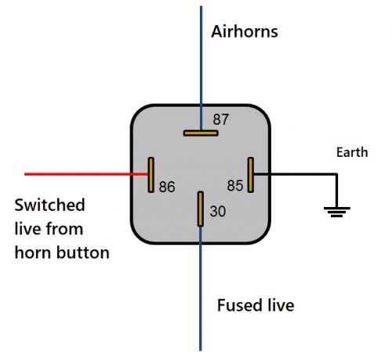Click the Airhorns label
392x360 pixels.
[x=245, y=31]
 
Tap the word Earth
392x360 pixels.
[x=352, y=152]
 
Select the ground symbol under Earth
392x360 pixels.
[x=337, y=212]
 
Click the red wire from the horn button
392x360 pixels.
[x=86, y=174]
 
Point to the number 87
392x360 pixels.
[x=221, y=119]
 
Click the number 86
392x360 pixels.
[x=167, y=187]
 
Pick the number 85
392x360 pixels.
[x=235, y=186]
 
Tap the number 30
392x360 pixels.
[x=217, y=211]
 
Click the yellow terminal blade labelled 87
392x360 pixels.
[x=201, y=133]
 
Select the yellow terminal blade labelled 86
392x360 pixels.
[x=151, y=175]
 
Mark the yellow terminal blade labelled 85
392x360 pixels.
[x=251, y=175]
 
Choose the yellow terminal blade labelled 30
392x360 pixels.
[x=201, y=209]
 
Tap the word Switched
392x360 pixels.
[x=49, y=205]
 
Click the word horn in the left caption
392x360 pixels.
[x=34, y=253]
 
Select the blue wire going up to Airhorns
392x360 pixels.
[x=201, y=68]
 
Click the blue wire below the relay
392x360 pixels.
[x=201, y=289]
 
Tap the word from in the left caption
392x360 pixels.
[x=64, y=229]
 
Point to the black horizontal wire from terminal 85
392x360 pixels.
[x=296, y=174]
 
